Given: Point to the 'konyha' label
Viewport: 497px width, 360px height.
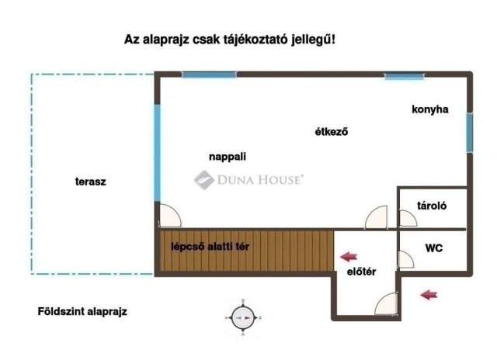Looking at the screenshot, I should [x=429, y=109].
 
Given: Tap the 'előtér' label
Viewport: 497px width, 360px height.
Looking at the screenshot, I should [x=361, y=271].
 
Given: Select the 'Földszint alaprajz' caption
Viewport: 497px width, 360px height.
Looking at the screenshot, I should [x=82, y=312].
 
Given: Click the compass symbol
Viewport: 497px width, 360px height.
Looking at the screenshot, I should [x=242, y=317].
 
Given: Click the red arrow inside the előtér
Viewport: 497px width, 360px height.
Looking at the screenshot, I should [x=349, y=254].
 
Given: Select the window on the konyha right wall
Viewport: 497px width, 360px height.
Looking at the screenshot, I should [x=469, y=133].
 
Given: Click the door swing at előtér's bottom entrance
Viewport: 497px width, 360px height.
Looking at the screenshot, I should [x=388, y=302].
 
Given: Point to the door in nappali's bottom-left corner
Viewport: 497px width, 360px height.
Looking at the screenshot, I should [x=169, y=215].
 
